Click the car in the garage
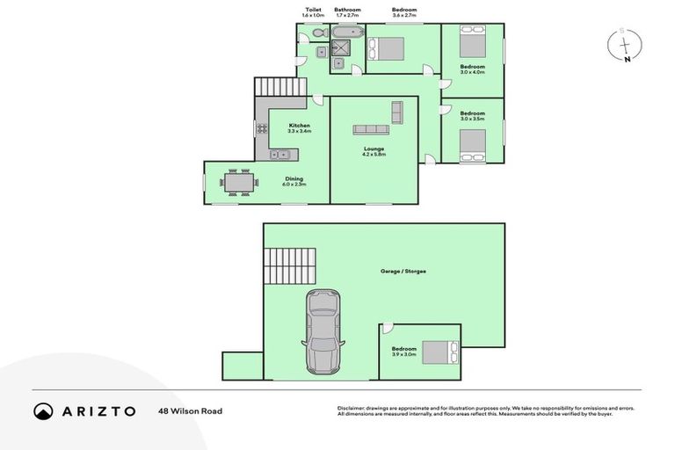[322, 332]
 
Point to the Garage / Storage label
[403, 272]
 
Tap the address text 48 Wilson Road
[190, 410]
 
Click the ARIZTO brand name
[98, 410]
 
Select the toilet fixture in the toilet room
[305, 33]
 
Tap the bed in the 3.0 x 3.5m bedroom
[473, 144]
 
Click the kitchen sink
[279, 155]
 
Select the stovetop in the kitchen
[261, 128]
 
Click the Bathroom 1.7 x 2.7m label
[347, 12]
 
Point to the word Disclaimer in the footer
[352, 409]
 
